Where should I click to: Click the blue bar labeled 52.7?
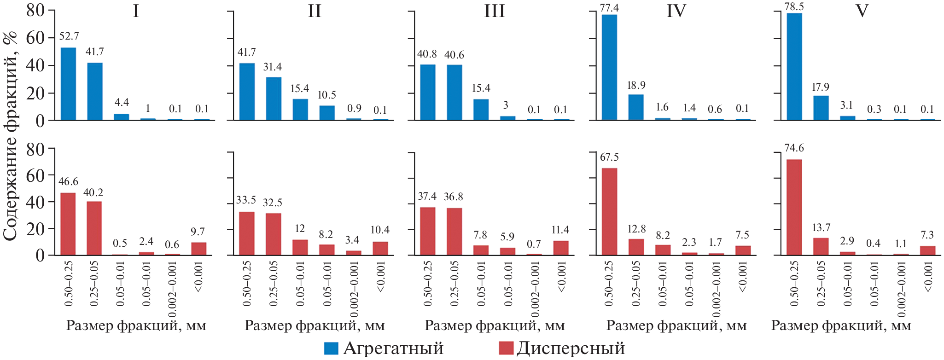coord(69,84)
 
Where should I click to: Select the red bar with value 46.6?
coord(68,224)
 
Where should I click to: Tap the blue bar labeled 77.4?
coord(609,67)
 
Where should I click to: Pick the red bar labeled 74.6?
coord(794,207)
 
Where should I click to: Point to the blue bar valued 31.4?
coord(274,99)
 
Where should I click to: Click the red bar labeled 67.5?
coord(609,211)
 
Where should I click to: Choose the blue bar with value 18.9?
coord(636,107)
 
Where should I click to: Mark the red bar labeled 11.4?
coord(561,248)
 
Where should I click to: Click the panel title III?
coord(495,11)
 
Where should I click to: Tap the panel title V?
coord(862,11)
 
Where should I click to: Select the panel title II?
coord(315,11)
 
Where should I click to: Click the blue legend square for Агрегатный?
coord(331,348)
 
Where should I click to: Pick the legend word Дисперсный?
coord(571,348)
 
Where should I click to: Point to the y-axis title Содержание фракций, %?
coord(10,136)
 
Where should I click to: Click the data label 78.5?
coord(794,6)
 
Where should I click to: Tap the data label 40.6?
coord(454,55)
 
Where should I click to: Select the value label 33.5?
coord(246,200)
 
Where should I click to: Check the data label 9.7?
coord(198,232)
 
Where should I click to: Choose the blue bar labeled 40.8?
coord(428,93)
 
